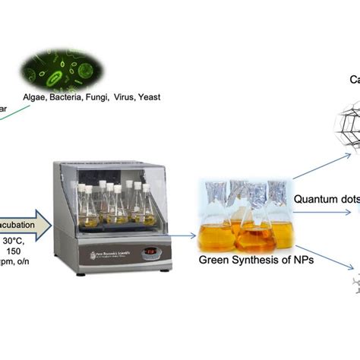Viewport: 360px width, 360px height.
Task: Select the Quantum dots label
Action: (x=325, y=178)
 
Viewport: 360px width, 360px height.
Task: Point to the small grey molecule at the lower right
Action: (x=352, y=285)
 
